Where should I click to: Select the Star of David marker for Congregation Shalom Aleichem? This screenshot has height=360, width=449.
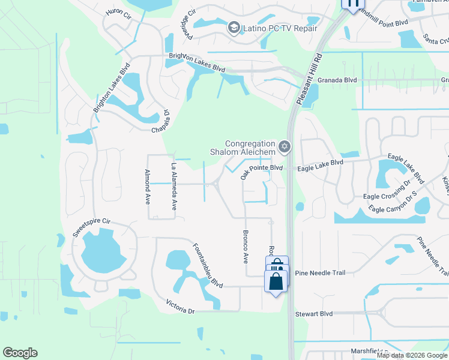pyautogui.click(x=285, y=146)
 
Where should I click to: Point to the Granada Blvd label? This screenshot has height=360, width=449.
pyautogui.click(x=337, y=80)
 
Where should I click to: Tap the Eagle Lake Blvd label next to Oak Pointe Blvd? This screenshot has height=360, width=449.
pyautogui.click(x=321, y=162)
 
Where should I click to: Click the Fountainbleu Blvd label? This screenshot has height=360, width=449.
pyautogui.click(x=208, y=265)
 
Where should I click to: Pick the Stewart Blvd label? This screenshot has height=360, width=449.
pyautogui.click(x=313, y=313)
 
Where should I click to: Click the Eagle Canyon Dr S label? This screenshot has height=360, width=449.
pyautogui.click(x=393, y=203)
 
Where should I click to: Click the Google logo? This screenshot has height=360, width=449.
pyautogui.click(x=20, y=353)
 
